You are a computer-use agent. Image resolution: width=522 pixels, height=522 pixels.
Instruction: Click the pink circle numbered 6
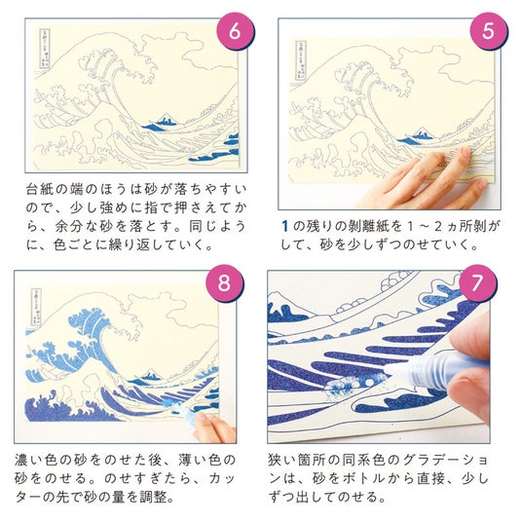pos(236,31)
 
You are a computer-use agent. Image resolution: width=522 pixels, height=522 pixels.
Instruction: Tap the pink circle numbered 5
pos(488,31)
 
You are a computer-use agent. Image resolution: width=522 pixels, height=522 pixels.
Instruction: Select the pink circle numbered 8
pos(224,283)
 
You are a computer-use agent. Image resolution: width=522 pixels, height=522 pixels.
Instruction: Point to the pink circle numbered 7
pos(477,283)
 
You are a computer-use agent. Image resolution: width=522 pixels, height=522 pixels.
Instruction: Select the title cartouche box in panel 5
pos(300,60)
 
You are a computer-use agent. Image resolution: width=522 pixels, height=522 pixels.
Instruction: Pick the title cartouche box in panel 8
pos(36,306)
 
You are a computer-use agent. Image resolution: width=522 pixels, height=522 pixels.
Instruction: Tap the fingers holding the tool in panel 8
pos(213,428)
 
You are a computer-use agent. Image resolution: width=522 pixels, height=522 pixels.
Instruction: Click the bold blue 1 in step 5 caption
pos(284,226)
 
